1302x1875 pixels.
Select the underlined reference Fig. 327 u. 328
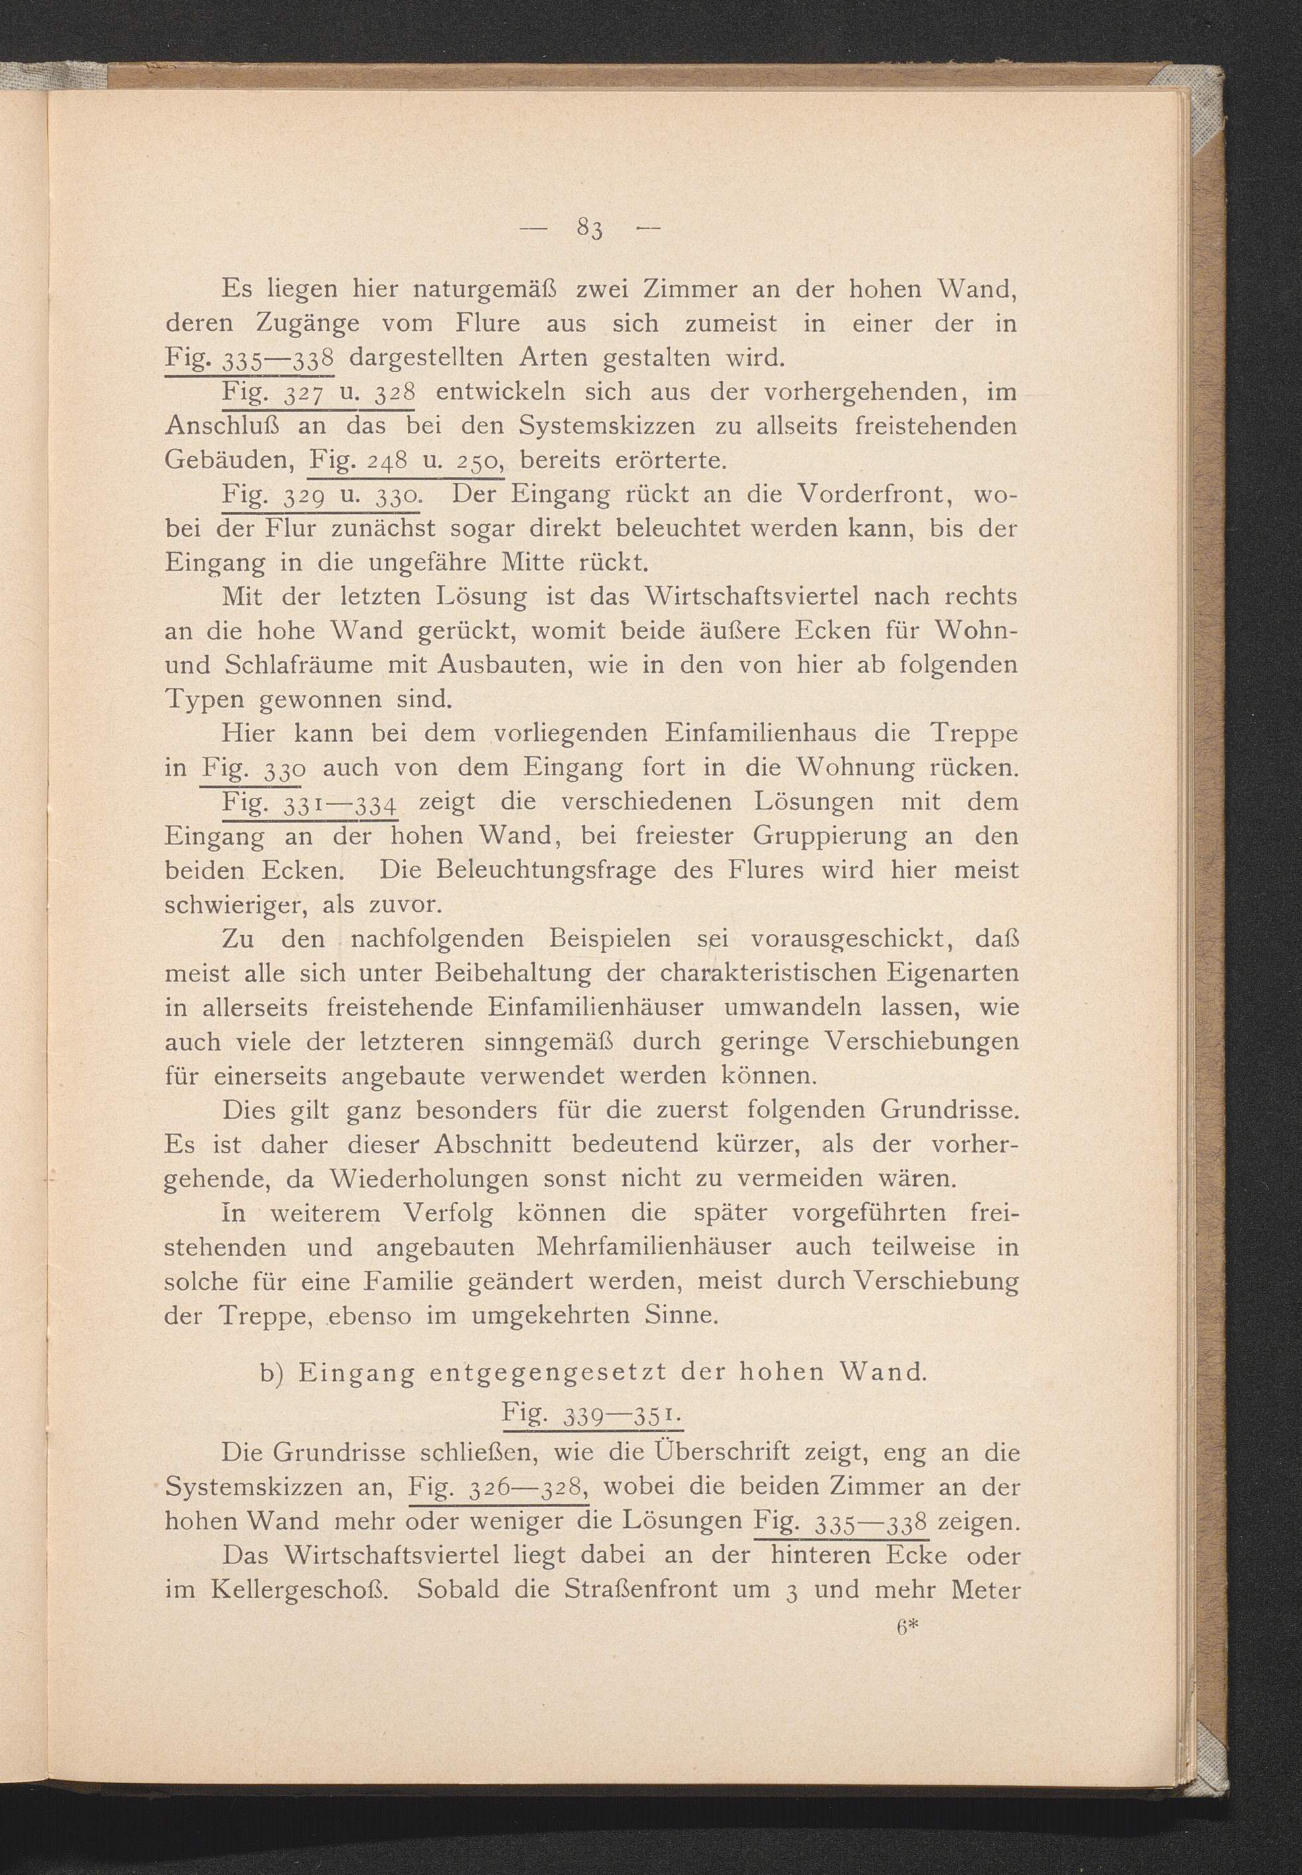(318, 392)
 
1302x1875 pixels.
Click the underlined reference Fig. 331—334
(310, 803)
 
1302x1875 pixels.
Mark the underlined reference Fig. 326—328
(498, 1487)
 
